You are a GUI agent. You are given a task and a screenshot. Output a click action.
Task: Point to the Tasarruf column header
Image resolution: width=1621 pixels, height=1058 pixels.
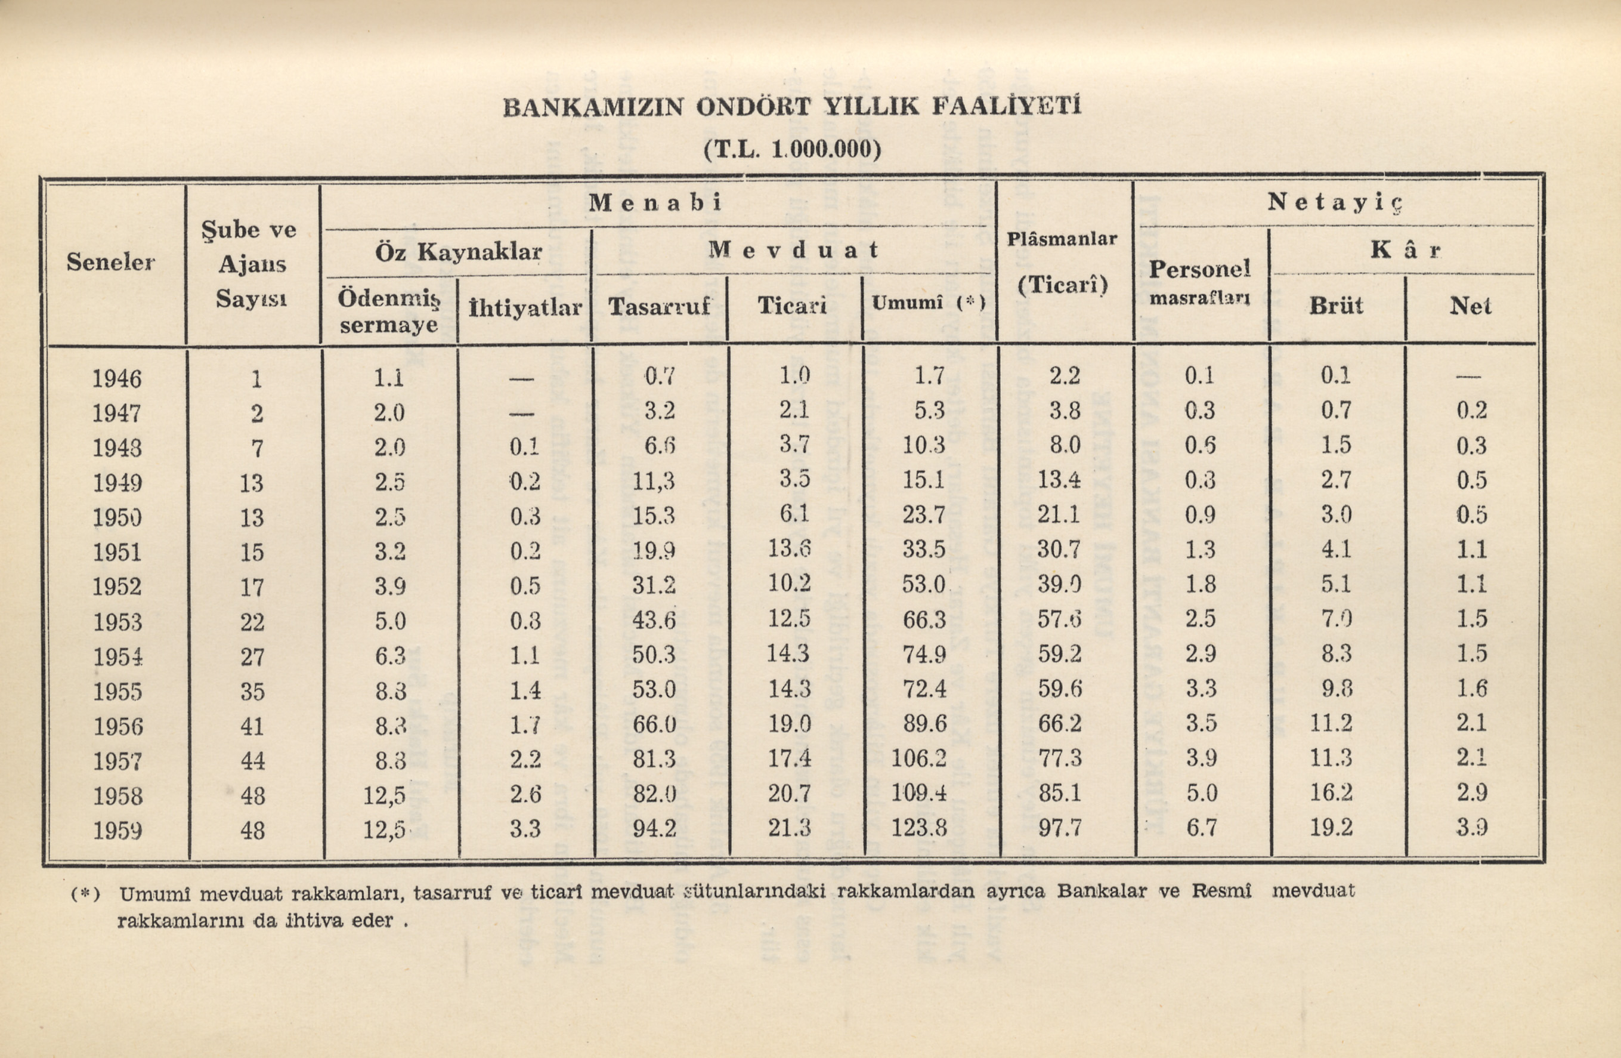point(658,306)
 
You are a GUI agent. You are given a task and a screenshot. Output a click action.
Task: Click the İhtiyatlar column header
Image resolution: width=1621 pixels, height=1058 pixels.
point(525,308)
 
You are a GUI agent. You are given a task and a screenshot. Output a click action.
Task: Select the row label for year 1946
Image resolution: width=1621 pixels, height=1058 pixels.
point(117,378)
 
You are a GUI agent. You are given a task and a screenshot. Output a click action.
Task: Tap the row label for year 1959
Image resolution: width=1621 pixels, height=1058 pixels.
point(117,831)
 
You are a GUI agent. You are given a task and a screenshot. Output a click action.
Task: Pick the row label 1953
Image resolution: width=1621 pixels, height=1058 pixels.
point(117,622)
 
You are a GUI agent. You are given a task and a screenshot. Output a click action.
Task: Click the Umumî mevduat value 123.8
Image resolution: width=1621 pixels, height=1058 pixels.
point(919,828)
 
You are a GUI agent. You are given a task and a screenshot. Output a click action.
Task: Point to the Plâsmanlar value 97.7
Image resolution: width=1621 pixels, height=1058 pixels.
point(1060,828)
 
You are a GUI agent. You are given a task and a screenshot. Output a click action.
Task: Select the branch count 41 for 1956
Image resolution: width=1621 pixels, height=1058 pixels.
point(252,726)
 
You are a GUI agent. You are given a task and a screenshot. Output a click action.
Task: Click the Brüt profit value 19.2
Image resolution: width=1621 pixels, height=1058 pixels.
point(1331,828)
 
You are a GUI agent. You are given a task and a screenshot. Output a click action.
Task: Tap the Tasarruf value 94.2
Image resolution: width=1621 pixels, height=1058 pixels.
point(654,828)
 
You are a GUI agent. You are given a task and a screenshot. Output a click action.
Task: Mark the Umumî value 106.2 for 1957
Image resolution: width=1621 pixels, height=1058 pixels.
point(919,758)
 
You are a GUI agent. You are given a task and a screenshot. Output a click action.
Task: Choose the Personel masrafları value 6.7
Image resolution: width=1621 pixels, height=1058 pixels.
point(1200,828)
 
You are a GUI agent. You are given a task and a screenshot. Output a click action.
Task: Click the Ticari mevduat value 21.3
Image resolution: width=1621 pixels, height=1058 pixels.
point(790,828)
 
